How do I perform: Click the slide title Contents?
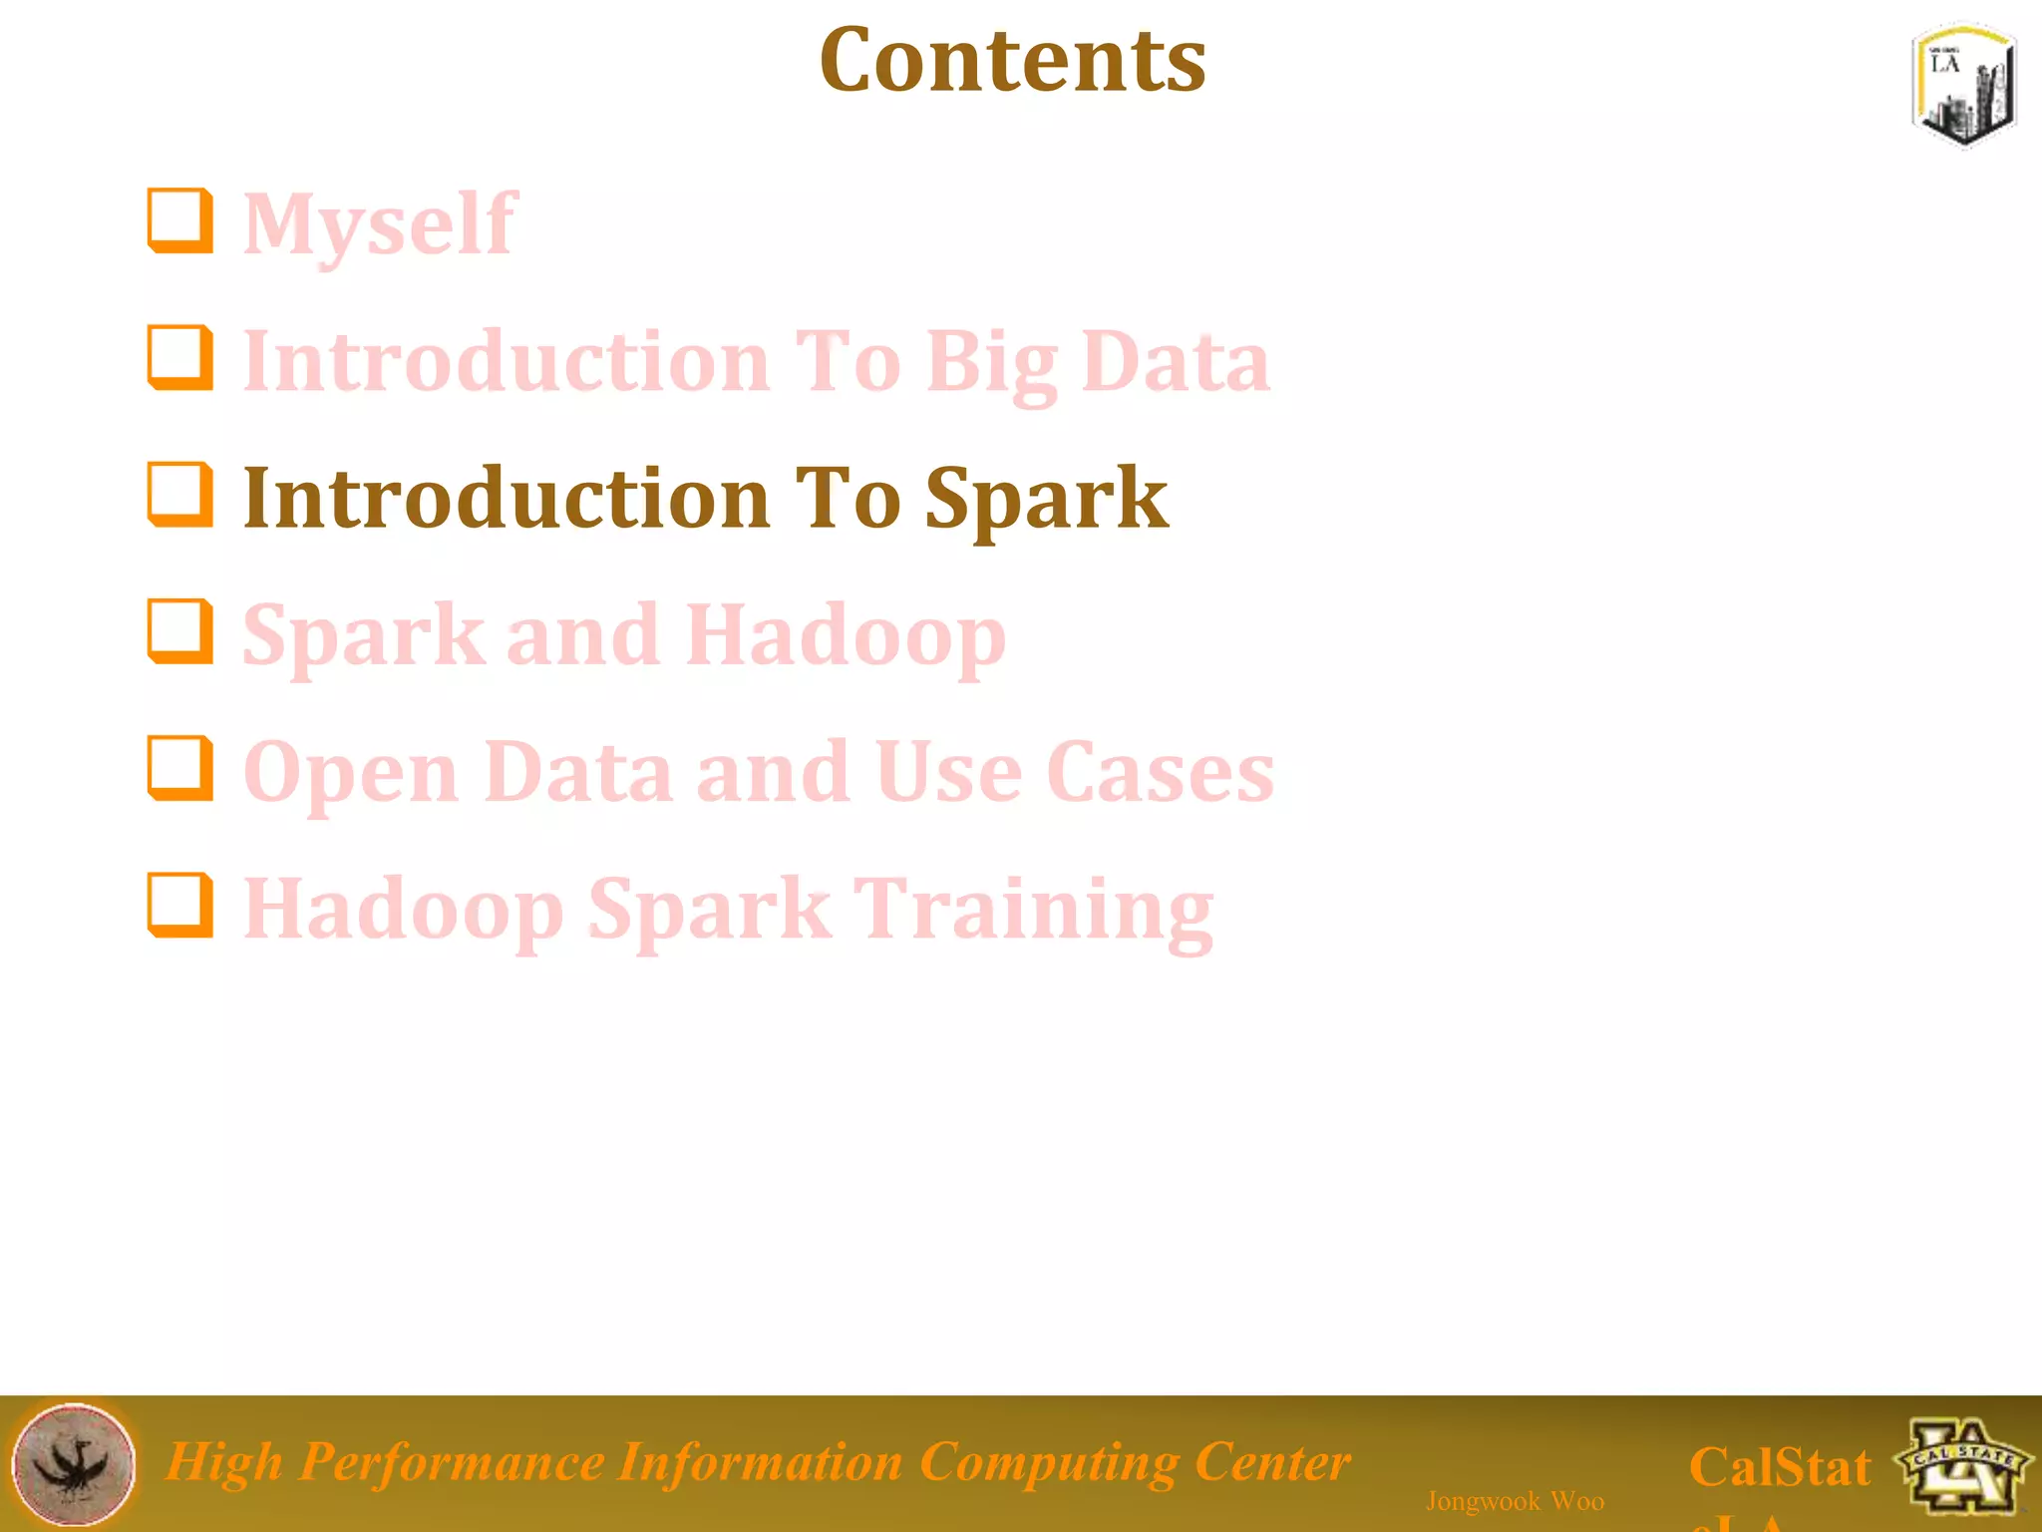(x=1012, y=62)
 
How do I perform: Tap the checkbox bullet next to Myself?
(x=180, y=220)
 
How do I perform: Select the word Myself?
(x=380, y=224)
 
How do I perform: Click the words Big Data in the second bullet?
(x=1097, y=361)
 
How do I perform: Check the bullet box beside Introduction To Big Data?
(x=180, y=357)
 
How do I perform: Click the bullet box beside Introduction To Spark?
(x=180, y=494)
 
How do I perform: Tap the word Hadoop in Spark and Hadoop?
(x=846, y=635)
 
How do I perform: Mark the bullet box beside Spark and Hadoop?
(x=180, y=630)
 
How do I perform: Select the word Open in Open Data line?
(x=351, y=773)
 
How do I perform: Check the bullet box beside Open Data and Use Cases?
(x=180, y=768)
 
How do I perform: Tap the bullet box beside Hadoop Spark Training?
(x=180, y=905)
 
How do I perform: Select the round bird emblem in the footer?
(x=74, y=1464)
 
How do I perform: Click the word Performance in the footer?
(x=451, y=1462)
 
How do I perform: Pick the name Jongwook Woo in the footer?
(x=1515, y=1500)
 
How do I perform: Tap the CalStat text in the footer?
(x=1779, y=1467)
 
